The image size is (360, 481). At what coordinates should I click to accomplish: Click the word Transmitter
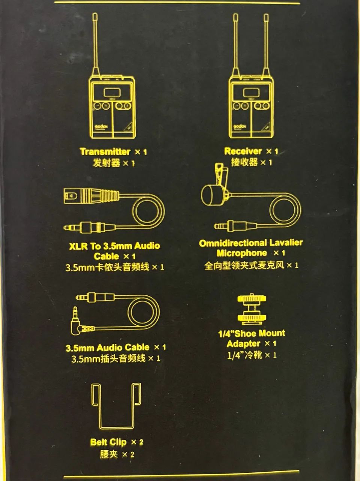click(x=105, y=152)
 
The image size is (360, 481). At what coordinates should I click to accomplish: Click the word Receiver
click(x=243, y=151)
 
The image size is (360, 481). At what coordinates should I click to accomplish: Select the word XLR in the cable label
click(x=78, y=247)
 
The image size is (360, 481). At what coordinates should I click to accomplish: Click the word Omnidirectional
click(x=232, y=243)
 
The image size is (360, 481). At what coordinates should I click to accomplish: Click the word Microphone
click(x=242, y=253)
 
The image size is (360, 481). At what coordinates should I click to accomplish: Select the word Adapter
click(x=243, y=344)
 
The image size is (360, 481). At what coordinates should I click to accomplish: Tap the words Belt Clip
click(x=108, y=442)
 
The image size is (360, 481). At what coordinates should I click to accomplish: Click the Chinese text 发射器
click(x=107, y=163)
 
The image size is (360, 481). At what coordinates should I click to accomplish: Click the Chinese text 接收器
click(x=244, y=162)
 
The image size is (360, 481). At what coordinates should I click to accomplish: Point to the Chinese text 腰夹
click(x=109, y=454)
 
